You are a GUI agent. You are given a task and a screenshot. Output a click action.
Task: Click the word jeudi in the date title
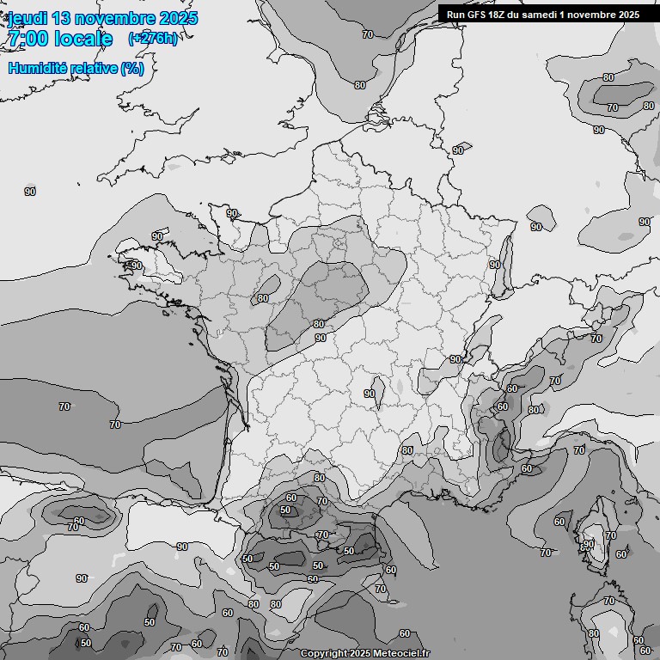tap(27, 18)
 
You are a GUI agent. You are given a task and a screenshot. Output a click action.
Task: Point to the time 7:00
tap(28, 39)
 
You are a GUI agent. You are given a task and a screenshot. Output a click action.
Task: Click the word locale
tap(83, 39)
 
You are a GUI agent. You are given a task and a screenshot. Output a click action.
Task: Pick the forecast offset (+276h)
tap(152, 39)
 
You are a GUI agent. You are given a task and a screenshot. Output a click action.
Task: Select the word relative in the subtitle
tap(95, 68)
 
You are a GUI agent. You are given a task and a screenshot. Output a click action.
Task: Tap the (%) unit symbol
tap(132, 68)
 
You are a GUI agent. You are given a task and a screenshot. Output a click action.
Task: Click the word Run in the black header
tap(455, 15)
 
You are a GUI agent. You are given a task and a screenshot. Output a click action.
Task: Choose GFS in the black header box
tap(477, 15)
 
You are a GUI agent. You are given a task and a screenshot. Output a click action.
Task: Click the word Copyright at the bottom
tap(322, 654)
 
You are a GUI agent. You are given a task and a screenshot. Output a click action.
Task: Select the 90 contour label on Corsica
tap(589, 544)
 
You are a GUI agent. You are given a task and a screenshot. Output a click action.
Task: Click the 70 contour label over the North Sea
tap(368, 34)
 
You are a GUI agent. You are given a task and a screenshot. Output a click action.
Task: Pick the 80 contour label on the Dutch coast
tap(359, 85)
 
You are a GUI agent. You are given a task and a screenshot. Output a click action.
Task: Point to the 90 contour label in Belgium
tap(458, 150)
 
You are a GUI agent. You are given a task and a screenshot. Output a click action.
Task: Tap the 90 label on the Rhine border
tap(495, 266)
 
